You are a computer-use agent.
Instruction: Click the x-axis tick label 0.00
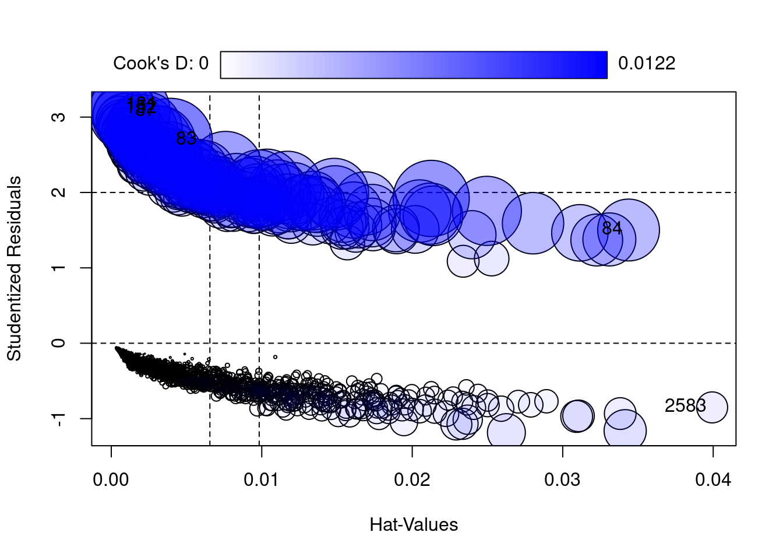coord(111,480)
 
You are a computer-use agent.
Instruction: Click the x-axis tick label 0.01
coord(262,480)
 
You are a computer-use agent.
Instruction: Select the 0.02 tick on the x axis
coord(412,480)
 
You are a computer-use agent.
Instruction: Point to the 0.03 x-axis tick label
coord(562,480)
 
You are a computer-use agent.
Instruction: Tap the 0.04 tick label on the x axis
coord(713,480)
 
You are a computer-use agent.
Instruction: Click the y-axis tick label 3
coord(59,117)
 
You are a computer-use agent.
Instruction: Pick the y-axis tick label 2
coord(59,192)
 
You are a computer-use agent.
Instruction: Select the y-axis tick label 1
coord(59,268)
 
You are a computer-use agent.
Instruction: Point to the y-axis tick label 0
coord(59,343)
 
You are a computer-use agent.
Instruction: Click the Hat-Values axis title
coord(414,525)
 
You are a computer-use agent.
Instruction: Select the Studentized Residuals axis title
coord(14,268)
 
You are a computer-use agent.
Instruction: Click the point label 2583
coord(685,406)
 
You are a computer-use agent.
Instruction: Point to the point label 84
coord(612,229)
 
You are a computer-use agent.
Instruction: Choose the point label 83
coord(186,139)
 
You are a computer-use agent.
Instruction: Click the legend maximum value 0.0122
coord(647,64)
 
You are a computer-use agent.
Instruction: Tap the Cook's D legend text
coord(160,64)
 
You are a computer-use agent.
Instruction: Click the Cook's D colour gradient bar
coord(414,64)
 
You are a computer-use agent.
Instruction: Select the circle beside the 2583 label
coord(711,407)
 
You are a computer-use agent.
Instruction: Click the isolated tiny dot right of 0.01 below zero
coord(276,357)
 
